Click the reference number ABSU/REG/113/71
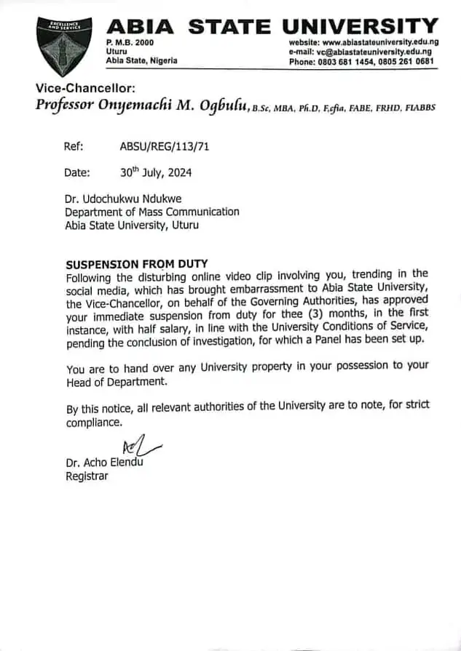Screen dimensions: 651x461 159,146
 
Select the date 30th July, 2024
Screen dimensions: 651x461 156,173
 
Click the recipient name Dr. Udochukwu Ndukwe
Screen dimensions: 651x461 124,199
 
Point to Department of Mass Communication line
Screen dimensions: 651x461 152,212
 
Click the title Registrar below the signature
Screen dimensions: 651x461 87,476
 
